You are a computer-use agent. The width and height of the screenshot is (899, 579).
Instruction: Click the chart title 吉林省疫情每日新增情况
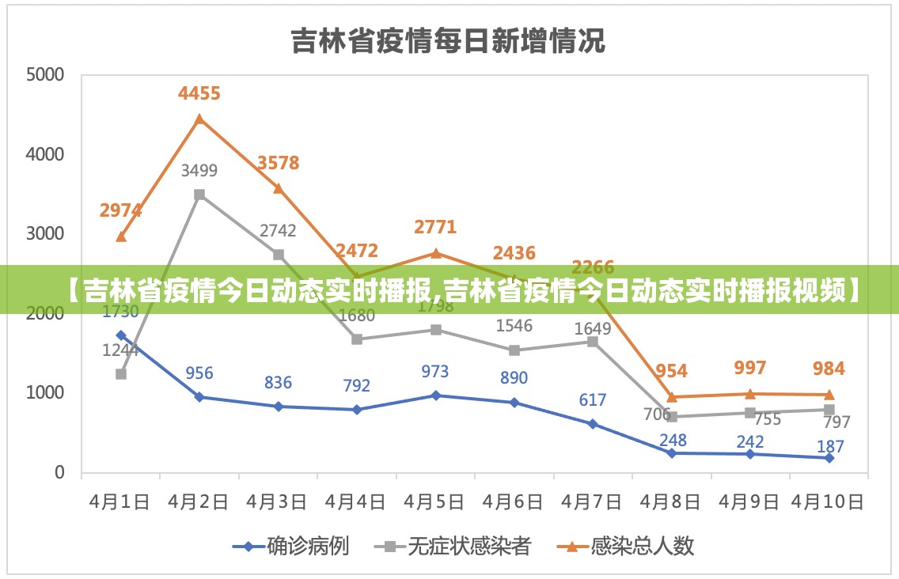(x=448, y=40)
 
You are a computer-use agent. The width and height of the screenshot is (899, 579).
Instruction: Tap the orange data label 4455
(x=199, y=93)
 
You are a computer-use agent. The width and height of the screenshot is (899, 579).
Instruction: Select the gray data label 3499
(x=199, y=170)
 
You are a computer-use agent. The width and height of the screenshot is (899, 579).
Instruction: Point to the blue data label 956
(x=199, y=373)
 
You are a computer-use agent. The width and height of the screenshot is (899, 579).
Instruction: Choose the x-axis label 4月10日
(x=828, y=501)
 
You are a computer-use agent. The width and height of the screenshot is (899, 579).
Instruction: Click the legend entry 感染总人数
(x=641, y=546)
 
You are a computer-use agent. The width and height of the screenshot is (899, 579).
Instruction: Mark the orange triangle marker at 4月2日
(x=199, y=119)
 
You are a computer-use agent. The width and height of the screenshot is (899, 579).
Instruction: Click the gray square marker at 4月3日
(x=279, y=255)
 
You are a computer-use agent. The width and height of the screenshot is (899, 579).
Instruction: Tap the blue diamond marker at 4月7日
(x=593, y=424)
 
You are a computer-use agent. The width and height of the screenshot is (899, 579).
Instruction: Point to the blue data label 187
(x=830, y=447)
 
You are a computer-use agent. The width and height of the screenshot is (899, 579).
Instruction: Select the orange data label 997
(x=750, y=368)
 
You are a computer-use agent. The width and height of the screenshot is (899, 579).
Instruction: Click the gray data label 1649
(x=593, y=328)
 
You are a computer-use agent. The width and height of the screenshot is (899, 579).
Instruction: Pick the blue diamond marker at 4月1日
(x=121, y=335)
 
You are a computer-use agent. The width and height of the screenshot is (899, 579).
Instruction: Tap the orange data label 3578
(x=279, y=163)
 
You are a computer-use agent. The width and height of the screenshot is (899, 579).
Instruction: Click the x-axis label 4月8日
(x=671, y=501)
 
